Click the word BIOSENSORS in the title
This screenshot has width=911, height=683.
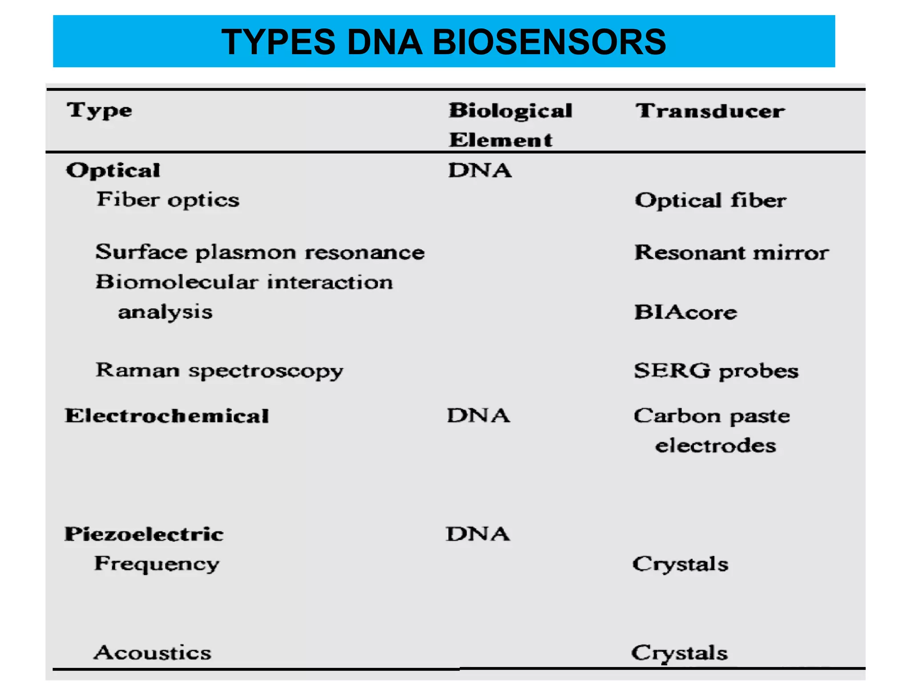[549, 42]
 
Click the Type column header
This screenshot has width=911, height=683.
[100, 110]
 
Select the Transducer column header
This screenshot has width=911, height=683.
[710, 111]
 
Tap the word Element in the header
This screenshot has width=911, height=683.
[500, 140]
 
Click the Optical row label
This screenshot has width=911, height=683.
[113, 170]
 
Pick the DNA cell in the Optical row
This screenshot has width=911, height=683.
[480, 170]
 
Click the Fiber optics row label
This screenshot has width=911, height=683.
[168, 200]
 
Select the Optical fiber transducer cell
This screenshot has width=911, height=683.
[710, 201]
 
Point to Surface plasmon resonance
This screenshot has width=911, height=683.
[260, 252]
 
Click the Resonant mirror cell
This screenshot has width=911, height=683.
[731, 253]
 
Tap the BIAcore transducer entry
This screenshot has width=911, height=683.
[685, 312]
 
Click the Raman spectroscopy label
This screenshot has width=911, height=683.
[219, 370]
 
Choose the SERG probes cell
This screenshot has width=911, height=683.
[716, 371]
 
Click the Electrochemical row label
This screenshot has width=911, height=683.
[167, 416]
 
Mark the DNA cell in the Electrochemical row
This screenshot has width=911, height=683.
[479, 416]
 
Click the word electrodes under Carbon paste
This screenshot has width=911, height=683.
[715, 446]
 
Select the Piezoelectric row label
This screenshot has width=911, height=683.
[144, 534]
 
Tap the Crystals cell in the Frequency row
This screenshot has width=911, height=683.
[680, 564]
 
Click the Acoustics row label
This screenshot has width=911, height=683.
[153, 653]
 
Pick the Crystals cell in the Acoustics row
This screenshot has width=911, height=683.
[679, 653]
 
